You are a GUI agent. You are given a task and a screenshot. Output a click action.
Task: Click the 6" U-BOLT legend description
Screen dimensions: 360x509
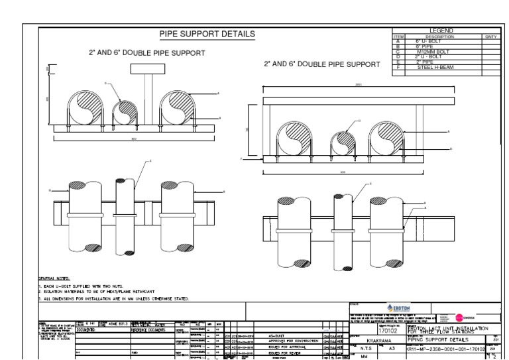point(431,41)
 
